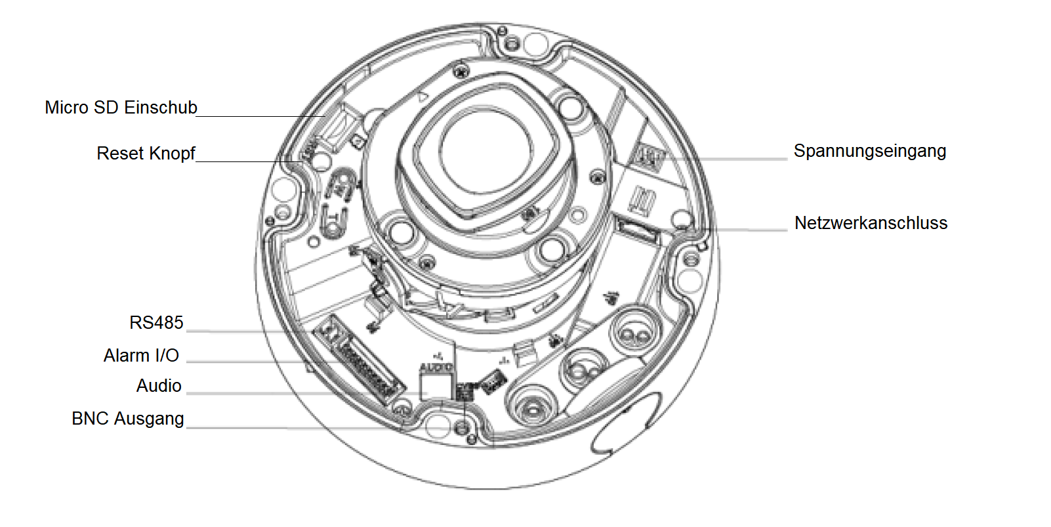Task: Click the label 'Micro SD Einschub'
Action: (121, 108)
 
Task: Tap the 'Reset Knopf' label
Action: (146, 154)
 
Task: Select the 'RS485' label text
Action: (156, 323)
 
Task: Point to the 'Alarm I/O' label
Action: (141, 356)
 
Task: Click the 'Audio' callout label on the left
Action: (159, 386)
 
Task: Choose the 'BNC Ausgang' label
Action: (127, 419)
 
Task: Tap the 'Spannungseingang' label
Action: (869, 151)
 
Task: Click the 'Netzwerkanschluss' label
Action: (871, 223)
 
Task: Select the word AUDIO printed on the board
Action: (436, 368)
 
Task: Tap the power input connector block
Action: (648, 156)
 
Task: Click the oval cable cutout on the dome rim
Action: (627, 423)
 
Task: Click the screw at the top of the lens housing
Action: (461, 70)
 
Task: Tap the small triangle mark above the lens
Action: (423, 97)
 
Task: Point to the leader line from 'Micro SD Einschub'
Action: (262, 116)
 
